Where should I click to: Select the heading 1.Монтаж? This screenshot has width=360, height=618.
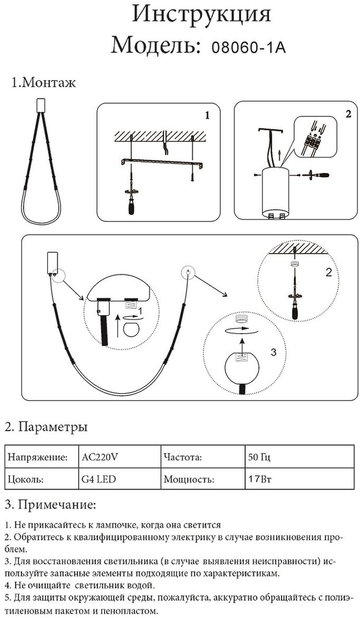coord(44,83)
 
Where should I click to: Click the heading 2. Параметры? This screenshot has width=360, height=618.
coord(46,428)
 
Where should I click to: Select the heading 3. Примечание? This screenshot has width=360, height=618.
coord(50,506)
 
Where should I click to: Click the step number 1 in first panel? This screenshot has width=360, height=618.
coord(207,115)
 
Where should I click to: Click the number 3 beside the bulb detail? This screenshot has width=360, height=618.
coord(274,352)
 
